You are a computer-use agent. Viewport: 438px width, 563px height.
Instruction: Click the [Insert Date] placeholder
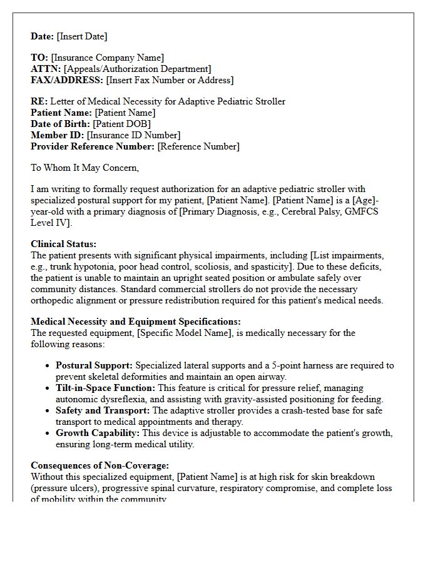pyautogui.click(x=81, y=36)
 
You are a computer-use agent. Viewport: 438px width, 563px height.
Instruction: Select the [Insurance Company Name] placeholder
pyautogui.click(x=108, y=58)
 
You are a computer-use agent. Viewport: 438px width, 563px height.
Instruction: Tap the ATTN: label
pyautogui.click(x=46, y=69)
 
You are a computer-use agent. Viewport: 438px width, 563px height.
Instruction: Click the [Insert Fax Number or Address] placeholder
pyautogui.click(x=170, y=80)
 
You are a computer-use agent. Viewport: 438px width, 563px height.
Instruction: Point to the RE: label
pyautogui.click(x=39, y=101)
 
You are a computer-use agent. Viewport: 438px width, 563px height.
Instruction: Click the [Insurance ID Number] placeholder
pyautogui.click(x=133, y=135)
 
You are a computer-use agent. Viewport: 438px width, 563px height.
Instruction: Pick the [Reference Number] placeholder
pyautogui.click(x=198, y=146)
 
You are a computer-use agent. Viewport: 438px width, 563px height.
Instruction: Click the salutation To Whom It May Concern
pyautogui.click(x=85, y=168)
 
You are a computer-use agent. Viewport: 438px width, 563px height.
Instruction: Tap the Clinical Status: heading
pyautogui.click(x=64, y=244)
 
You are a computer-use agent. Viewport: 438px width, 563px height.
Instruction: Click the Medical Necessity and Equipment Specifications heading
pyautogui.click(x=136, y=322)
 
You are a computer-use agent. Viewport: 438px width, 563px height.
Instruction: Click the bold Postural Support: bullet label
pyautogui.click(x=94, y=365)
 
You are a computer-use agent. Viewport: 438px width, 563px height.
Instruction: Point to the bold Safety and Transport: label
pyautogui.click(x=103, y=410)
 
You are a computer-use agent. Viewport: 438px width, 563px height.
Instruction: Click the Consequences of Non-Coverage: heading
pyautogui.click(x=100, y=465)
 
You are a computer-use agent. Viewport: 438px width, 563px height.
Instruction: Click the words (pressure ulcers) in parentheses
pyautogui.click(x=63, y=488)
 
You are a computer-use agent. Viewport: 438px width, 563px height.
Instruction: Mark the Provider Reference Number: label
pyautogui.click(x=93, y=146)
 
